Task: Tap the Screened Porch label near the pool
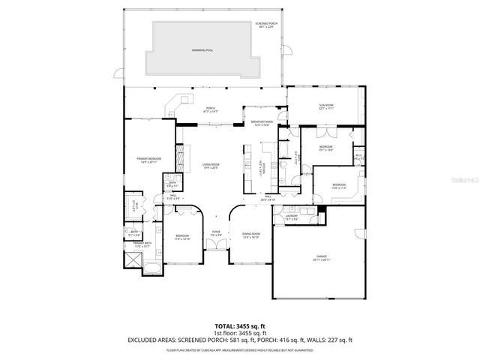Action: tap(265, 24)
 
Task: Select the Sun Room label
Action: tap(325, 106)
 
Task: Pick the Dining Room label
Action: tap(250, 235)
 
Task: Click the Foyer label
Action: tap(215, 232)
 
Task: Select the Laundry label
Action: tap(292, 215)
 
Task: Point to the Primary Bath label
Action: tap(142, 243)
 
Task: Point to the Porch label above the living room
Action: tap(211, 109)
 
